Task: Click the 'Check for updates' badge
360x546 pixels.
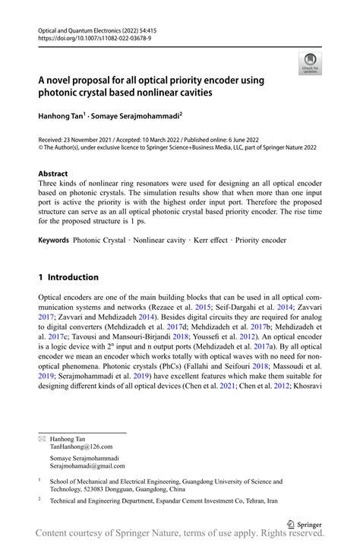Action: pos(309,64)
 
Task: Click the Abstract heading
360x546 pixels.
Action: pos(52,174)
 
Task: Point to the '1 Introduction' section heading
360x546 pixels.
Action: pos(68,277)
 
